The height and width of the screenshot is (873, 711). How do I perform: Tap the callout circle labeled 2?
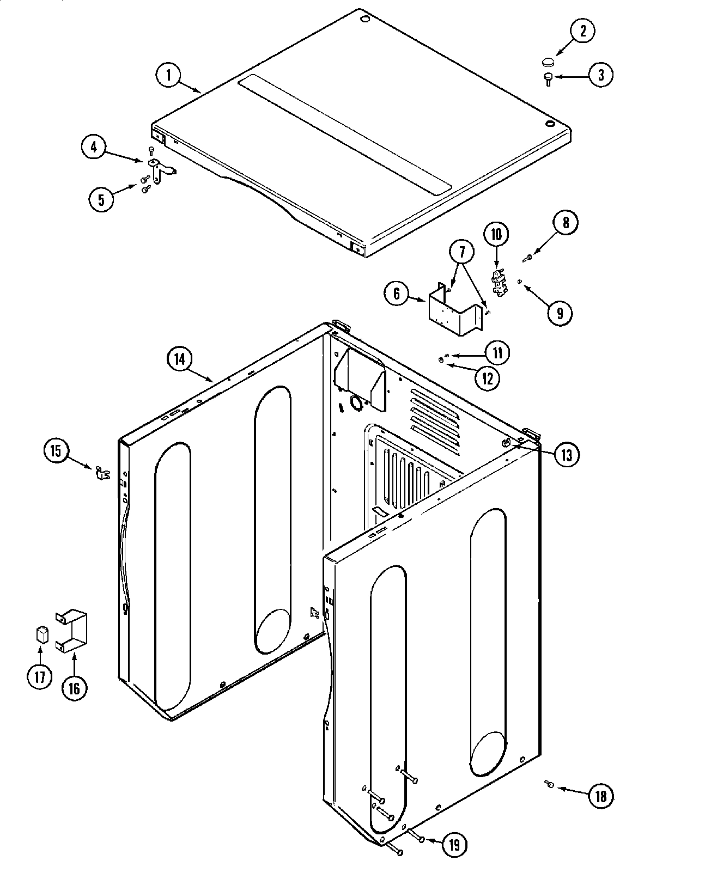pyautogui.click(x=582, y=30)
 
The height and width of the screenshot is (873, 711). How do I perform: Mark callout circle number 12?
pyautogui.click(x=487, y=377)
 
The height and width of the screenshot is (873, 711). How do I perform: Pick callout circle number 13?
pyautogui.click(x=567, y=454)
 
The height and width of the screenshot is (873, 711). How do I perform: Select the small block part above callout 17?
pyautogui.click(x=41, y=635)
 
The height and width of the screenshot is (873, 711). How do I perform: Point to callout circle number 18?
pyautogui.click(x=600, y=796)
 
